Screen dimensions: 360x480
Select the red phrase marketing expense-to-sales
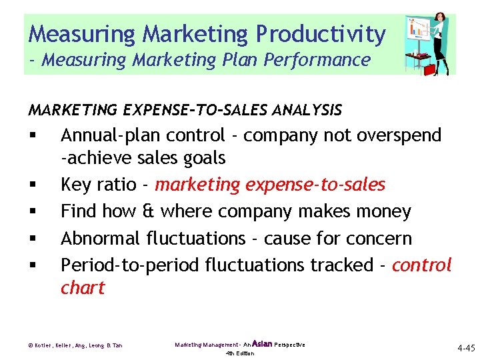click(270, 185)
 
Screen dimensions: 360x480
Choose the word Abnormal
click(101, 239)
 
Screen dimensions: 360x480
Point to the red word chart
click(83, 288)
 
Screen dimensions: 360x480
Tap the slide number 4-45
click(465, 348)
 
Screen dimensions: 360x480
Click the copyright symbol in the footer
click(31, 345)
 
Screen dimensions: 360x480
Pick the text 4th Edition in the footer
click(240, 353)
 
